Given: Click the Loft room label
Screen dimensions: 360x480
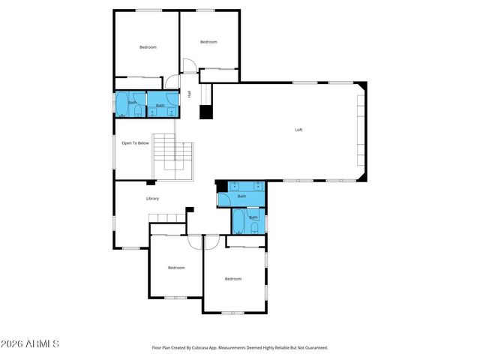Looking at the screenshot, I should [298, 130].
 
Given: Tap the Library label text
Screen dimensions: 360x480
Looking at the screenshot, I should [152, 198].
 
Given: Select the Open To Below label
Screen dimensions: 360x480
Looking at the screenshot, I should [136, 142].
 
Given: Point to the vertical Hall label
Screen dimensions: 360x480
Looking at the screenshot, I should [190, 94].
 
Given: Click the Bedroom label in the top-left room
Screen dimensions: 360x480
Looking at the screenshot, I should [148, 47].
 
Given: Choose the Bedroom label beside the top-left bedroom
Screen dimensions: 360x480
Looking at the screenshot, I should [208, 42].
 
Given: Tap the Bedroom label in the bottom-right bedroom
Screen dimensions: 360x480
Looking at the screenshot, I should [233, 279].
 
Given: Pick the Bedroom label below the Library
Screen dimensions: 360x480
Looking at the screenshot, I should [176, 268].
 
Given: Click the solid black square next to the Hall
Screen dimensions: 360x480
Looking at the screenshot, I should [205, 112].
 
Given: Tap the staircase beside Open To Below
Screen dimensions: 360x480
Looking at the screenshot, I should [174, 160].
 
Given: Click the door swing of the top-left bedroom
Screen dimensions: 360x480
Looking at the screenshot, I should [172, 83].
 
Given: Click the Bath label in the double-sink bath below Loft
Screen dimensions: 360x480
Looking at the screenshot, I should [241, 196].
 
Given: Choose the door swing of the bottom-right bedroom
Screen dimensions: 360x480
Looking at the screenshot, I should [211, 241].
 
